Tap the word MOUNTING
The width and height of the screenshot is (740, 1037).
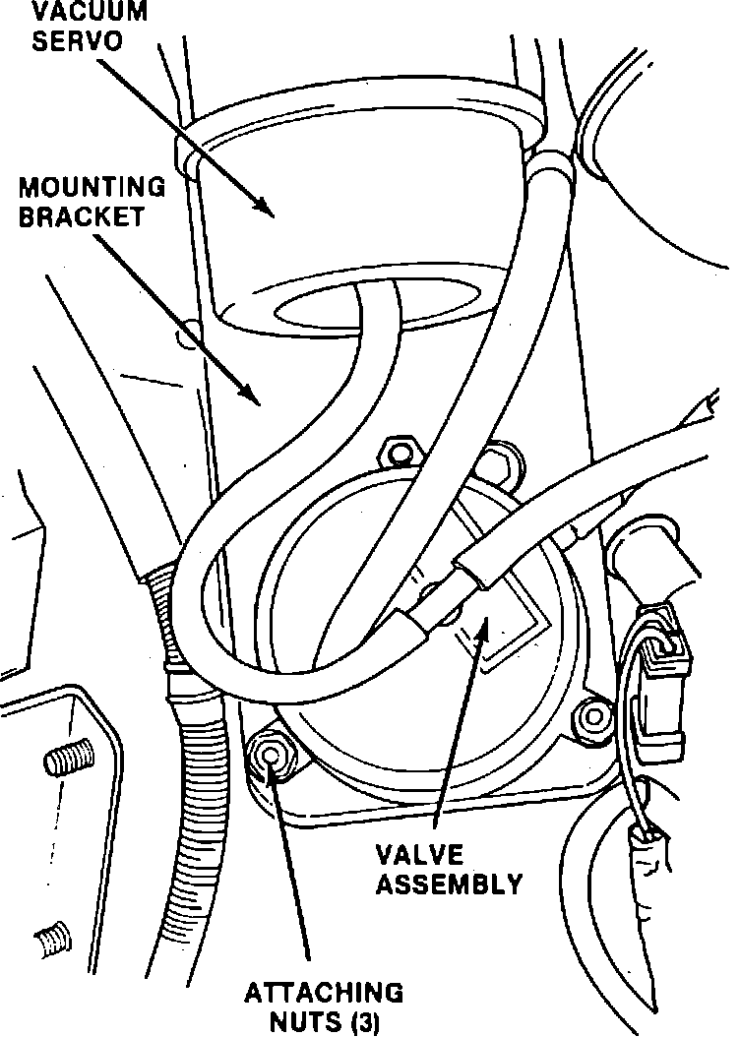tap(92, 187)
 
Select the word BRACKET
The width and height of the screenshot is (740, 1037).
tap(81, 216)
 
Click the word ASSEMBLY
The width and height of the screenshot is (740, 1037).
tap(450, 884)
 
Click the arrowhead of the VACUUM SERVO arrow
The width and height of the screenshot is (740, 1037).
tap(264, 206)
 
